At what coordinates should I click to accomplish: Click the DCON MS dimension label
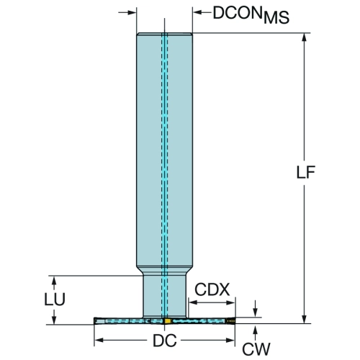pyautogui.click(x=251, y=15)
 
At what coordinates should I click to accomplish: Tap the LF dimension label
pyautogui.click(x=305, y=172)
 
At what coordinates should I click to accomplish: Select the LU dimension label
pyautogui.click(x=55, y=300)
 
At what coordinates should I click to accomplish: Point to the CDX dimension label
pyautogui.click(x=212, y=289)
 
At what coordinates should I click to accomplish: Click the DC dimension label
pyautogui.click(x=165, y=341)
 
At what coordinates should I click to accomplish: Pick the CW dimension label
pyautogui.click(x=256, y=349)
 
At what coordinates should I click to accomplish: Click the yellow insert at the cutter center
pyautogui.click(x=167, y=321)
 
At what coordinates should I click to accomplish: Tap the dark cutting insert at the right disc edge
pyautogui.click(x=231, y=320)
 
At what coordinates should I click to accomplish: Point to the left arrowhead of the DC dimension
pyautogui.click(x=99, y=340)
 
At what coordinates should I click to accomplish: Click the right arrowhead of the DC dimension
pyautogui.click(x=230, y=340)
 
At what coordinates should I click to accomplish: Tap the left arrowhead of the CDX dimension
pyautogui.click(x=194, y=302)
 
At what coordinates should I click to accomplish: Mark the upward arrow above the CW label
pyautogui.click(x=256, y=333)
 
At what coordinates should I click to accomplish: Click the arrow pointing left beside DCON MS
pyautogui.click(x=202, y=12)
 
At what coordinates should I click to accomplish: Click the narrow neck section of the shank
pyautogui.click(x=165, y=296)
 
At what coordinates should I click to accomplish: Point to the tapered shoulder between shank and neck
pyautogui.click(x=165, y=271)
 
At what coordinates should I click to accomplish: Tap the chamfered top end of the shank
pyautogui.click(x=165, y=34)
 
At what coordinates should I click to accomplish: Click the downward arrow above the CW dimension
pyautogui.click(x=256, y=309)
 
